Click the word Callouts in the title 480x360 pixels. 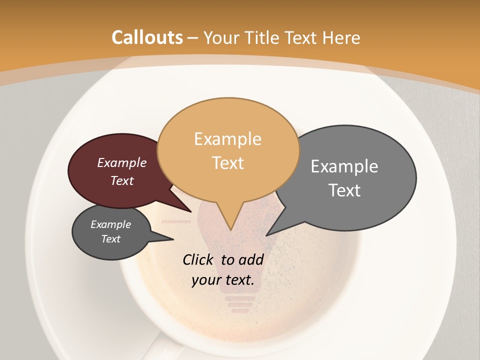click(x=147, y=37)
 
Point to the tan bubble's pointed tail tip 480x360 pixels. click(x=230, y=230)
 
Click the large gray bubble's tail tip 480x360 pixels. click(x=266, y=235)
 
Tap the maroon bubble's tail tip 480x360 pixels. click(x=191, y=211)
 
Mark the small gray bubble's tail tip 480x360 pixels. click(x=173, y=239)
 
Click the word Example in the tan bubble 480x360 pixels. click(x=227, y=139)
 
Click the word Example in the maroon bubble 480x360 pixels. click(x=122, y=163)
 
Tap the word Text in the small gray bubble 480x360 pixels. click(x=110, y=239)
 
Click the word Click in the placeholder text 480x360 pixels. click(x=199, y=259)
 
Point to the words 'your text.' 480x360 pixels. click(x=223, y=280)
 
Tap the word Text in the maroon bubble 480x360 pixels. click(x=122, y=180)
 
